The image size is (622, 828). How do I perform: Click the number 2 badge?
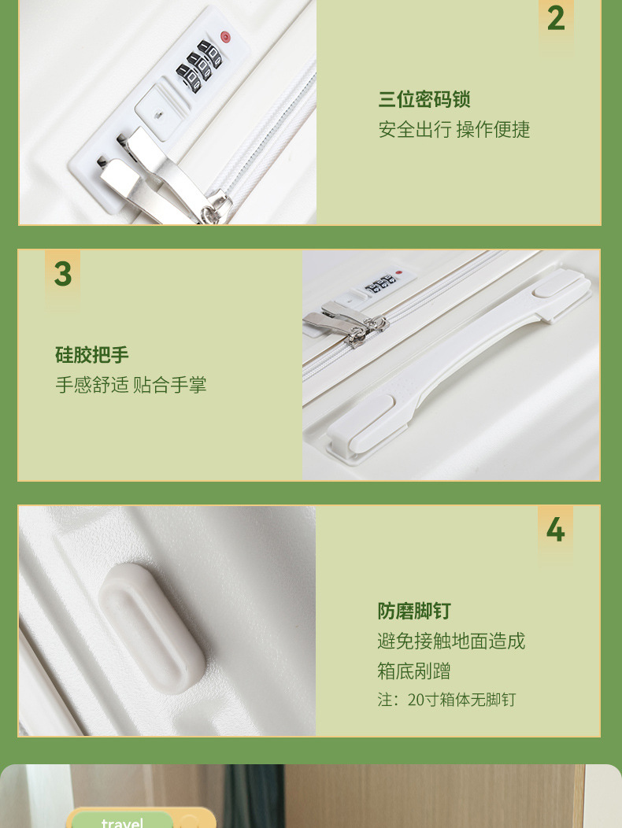point(556,18)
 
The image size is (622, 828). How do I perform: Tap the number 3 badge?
point(62,274)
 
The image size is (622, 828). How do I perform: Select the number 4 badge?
point(555,530)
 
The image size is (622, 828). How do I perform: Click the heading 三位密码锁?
point(424,99)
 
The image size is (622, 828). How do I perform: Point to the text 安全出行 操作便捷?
point(454,129)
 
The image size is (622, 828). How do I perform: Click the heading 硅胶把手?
point(91,355)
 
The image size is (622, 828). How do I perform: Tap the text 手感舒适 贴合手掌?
point(131,385)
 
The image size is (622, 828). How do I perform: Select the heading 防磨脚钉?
point(414,611)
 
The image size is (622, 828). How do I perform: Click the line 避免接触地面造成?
point(451,641)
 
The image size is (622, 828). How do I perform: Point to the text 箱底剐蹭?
point(414,671)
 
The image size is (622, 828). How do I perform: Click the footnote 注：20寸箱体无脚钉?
point(446,700)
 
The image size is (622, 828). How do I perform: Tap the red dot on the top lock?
point(225,36)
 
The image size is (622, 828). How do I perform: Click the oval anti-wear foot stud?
point(152,624)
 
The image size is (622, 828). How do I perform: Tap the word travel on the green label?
point(122,822)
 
